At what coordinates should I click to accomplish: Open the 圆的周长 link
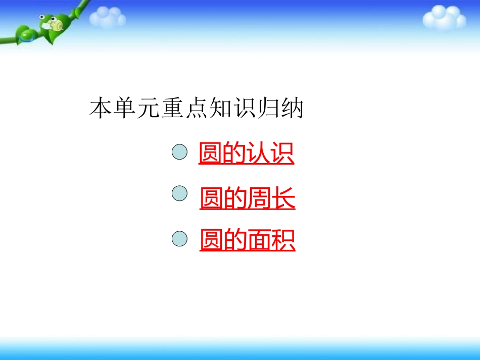point(247,198)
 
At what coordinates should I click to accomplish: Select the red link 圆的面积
point(247,240)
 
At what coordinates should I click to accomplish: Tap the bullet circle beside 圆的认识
point(180,151)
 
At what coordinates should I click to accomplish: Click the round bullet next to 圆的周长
point(180,194)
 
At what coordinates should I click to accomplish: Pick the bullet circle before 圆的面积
point(180,238)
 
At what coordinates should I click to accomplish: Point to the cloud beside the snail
point(108,18)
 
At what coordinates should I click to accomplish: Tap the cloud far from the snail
point(444,18)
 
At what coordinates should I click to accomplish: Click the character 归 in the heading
point(268,109)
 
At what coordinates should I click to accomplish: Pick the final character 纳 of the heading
point(292,109)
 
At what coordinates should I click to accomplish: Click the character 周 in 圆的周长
point(259,198)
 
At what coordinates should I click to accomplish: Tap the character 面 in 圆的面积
point(259,240)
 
